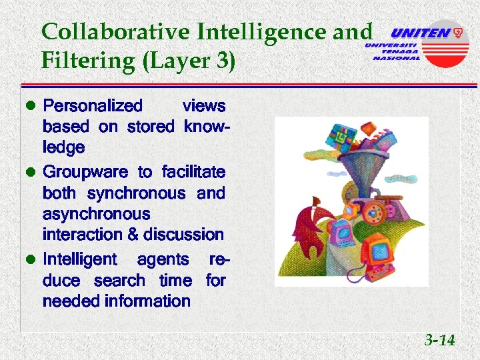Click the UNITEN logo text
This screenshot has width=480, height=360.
(419, 33)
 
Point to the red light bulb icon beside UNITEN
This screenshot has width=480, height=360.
(458, 32)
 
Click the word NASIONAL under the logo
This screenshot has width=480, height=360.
(397, 58)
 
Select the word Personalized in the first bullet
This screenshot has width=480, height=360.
(93, 105)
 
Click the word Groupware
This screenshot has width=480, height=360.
(85, 172)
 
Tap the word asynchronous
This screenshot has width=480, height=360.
(96, 214)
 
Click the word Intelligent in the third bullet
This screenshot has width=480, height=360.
(79, 259)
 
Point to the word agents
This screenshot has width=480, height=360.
(163, 259)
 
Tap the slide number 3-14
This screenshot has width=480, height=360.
(440, 341)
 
